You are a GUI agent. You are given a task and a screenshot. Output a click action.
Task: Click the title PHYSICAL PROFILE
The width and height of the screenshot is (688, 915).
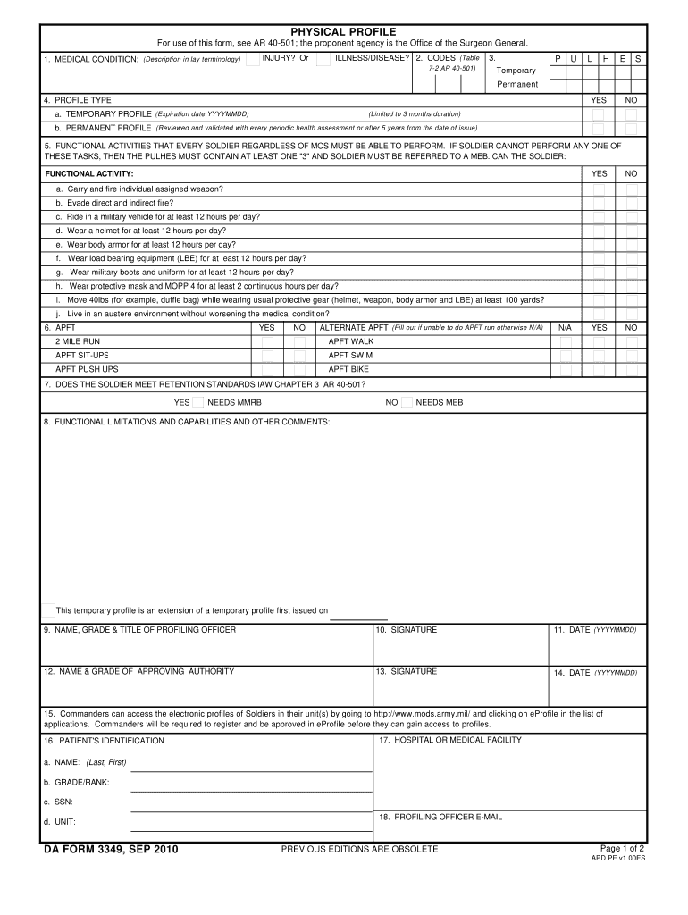coord(344,31)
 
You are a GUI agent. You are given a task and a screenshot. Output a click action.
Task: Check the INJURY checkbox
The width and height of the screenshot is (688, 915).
coord(254,59)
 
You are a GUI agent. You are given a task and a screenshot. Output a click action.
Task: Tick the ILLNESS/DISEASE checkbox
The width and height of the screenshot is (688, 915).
coord(323,59)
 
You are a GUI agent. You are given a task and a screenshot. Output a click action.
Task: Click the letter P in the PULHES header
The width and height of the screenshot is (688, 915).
coord(558,58)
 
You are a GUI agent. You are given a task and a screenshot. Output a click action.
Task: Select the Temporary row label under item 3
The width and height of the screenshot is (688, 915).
coord(516,71)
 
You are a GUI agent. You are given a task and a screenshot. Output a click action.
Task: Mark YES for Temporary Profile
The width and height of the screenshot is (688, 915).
coord(599,114)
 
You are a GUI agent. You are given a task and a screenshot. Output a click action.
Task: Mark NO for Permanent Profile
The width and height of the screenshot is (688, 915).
coord(631,128)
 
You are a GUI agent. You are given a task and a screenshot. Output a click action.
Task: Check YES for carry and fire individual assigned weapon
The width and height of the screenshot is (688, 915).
coord(599,189)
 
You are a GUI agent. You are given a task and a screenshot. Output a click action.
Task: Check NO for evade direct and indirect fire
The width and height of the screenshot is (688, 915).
coord(631,203)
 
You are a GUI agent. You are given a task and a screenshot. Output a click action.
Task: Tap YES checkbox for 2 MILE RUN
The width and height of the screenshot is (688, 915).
coord(266,341)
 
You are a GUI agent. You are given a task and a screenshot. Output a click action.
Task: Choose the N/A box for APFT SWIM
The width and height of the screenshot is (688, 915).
coord(565,355)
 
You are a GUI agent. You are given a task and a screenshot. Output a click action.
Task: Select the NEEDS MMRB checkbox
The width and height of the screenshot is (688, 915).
coord(198,402)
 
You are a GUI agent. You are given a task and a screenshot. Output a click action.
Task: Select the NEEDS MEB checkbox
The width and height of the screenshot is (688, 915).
coord(407,402)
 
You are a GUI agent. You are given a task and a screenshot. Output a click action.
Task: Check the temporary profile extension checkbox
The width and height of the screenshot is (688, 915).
coord(48,610)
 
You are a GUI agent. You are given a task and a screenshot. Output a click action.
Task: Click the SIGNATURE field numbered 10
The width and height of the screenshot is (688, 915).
coord(461,645)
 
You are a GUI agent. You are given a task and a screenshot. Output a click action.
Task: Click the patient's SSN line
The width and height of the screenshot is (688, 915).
coord(251,803)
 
